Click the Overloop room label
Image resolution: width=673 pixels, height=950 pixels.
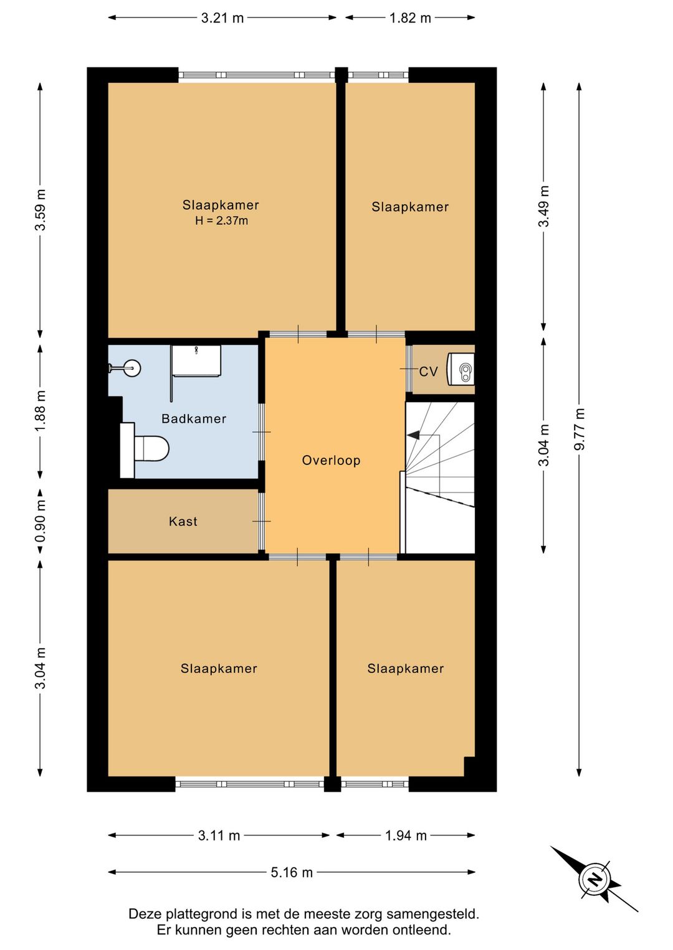(331, 460)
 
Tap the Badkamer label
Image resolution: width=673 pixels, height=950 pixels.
(194, 419)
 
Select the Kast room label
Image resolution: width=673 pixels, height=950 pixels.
(183, 521)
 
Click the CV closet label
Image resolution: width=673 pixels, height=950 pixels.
(429, 372)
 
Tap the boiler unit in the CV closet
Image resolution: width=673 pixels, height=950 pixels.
(461, 369)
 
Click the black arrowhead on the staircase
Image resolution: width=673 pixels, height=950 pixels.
(413, 435)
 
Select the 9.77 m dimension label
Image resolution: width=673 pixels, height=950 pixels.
(580, 429)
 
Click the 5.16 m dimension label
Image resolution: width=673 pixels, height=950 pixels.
(292, 872)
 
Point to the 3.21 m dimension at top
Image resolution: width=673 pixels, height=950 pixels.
(222, 18)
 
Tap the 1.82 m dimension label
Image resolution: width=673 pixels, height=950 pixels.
(410, 18)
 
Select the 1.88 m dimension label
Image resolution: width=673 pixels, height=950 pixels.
(41, 411)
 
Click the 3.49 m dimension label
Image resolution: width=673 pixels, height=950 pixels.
(544, 206)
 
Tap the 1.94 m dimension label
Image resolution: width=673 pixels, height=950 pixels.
(406, 835)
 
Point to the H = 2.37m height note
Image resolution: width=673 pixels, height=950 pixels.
(221, 220)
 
